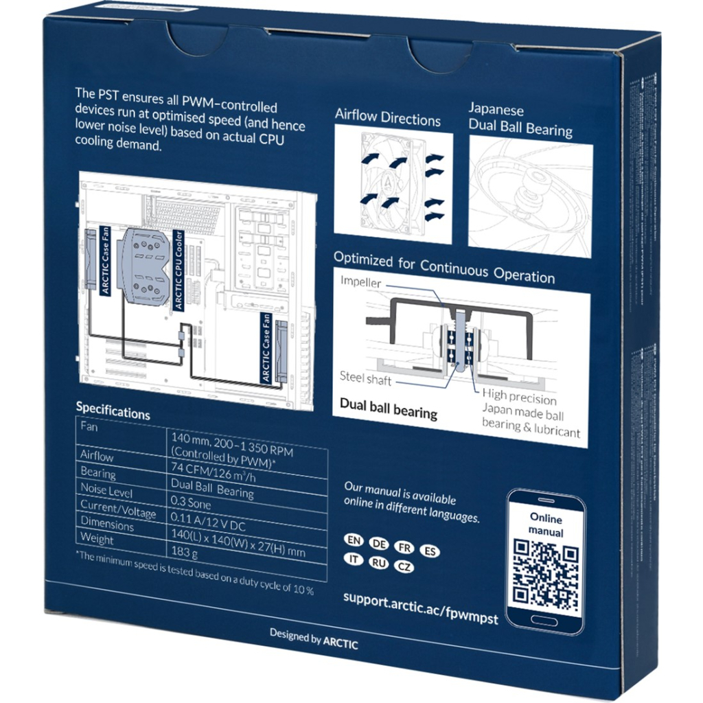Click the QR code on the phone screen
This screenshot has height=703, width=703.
[x=546, y=575]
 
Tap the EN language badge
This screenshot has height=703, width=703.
[x=354, y=539]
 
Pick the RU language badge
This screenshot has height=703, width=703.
[x=378, y=562]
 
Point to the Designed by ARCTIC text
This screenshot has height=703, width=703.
[x=313, y=638]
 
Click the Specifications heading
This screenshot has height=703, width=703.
[x=113, y=411]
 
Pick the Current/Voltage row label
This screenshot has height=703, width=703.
[x=118, y=509]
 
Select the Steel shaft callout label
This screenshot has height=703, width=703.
[x=365, y=377]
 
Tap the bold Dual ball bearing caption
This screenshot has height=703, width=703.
[x=388, y=407]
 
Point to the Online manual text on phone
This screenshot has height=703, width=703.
[x=546, y=526]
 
